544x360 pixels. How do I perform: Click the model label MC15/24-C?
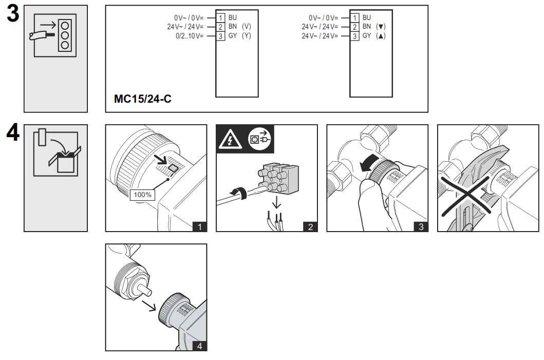coord(142,99)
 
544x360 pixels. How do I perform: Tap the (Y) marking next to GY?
coord(246,36)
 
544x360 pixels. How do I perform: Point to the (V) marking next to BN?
coord(246,27)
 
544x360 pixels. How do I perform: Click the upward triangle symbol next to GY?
coord(381,36)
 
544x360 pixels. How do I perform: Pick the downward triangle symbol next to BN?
coord(381,27)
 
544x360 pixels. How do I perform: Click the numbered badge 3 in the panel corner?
coord(421,226)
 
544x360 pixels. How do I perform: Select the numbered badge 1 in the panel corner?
coord(199,226)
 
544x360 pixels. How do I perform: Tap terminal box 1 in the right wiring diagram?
coord(355,17)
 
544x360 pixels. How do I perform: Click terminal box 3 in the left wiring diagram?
coord(220,36)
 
